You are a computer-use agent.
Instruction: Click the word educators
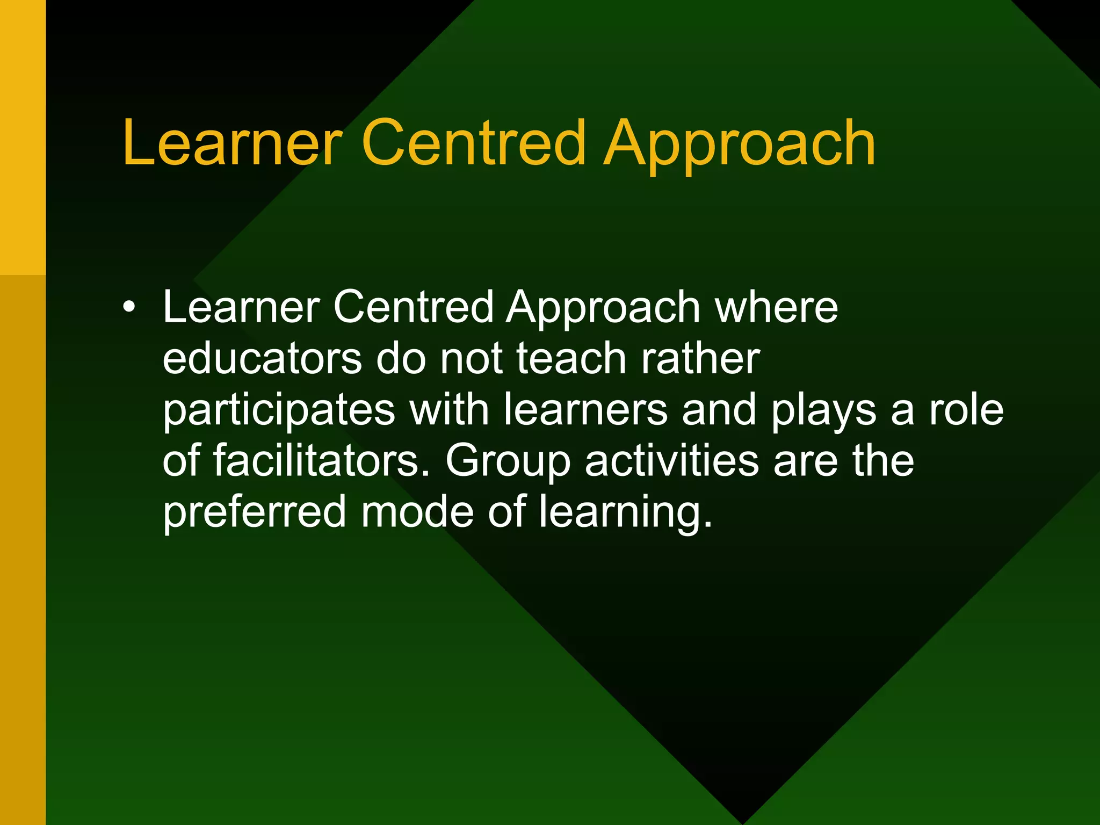(x=262, y=358)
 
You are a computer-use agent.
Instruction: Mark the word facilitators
(x=321, y=460)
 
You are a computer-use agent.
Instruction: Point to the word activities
(x=671, y=460)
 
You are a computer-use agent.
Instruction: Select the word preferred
(x=254, y=512)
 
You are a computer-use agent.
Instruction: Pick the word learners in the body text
(x=585, y=410)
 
